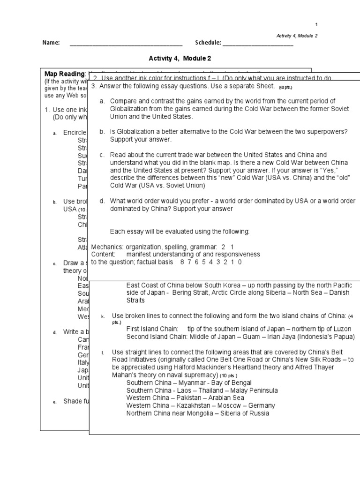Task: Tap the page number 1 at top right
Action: tap(316, 25)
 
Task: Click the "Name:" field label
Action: tap(51, 43)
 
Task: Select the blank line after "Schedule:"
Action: tap(258, 44)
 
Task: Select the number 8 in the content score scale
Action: tap(182, 262)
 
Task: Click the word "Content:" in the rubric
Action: tap(103, 254)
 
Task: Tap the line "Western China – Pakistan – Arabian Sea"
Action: tap(185, 397)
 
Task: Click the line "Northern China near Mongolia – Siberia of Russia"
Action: tap(198, 413)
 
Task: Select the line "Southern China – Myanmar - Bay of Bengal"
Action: tap(188, 382)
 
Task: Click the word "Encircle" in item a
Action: tap(75, 133)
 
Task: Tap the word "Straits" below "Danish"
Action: tap(135, 300)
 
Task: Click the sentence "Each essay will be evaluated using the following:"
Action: tap(180, 232)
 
